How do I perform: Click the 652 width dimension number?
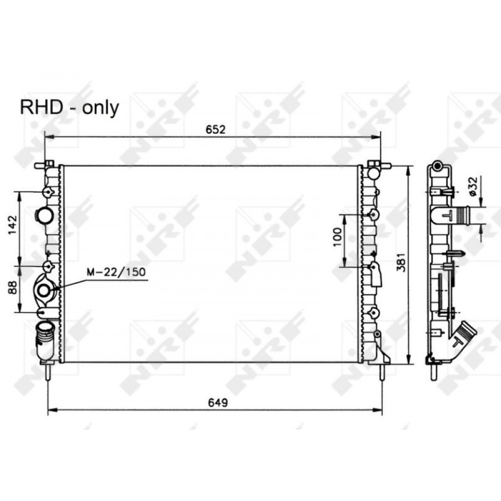click(215, 129)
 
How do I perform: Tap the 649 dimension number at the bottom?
click(218, 403)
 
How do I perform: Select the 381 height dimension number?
click(401, 263)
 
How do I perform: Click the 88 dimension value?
click(13, 288)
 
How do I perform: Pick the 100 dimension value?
click(337, 237)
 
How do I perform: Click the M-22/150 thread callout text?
click(116, 272)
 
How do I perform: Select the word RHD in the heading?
click(42, 107)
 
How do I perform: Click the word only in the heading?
click(100, 109)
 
